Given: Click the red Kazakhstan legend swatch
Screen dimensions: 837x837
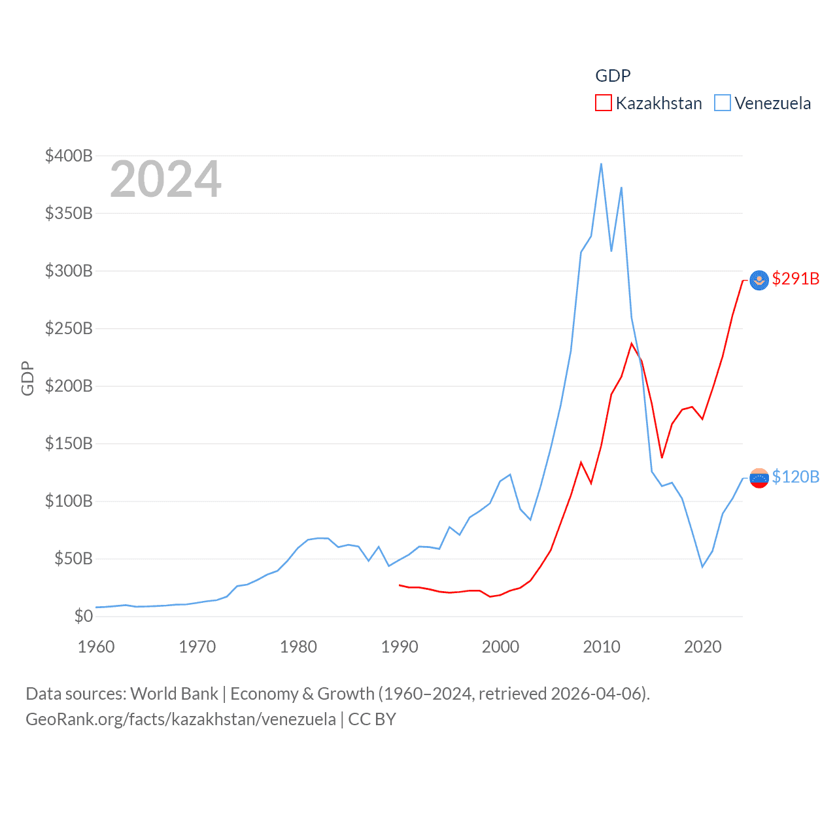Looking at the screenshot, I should (x=603, y=103).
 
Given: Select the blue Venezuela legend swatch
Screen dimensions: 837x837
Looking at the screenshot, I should (x=722, y=103).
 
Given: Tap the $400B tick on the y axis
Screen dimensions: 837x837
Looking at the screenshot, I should (x=69, y=156).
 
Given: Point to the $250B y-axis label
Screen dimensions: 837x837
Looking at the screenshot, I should (x=69, y=328).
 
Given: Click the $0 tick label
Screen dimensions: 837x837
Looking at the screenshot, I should (x=83, y=616).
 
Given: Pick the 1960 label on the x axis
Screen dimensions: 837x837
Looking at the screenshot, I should (x=96, y=647).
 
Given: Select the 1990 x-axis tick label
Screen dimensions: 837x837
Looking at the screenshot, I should (x=400, y=647).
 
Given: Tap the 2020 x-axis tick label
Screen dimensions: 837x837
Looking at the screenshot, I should (x=703, y=647).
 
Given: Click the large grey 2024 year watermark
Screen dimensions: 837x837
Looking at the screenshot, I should (x=165, y=179).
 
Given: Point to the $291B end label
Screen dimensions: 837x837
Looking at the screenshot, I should (x=795, y=279).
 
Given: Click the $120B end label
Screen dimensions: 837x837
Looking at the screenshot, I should (x=795, y=477).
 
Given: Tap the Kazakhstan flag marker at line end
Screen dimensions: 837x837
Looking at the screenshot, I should (x=759, y=281).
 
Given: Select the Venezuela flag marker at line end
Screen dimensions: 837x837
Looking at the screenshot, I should (x=759, y=478).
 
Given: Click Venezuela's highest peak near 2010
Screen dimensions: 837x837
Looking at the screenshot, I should (x=601, y=164).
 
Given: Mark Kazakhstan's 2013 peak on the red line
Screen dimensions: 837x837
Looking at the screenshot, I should (x=632, y=343).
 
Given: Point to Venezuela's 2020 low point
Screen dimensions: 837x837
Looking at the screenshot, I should (x=702, y=566).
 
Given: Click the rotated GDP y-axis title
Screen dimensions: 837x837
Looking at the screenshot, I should (x=27, y=378).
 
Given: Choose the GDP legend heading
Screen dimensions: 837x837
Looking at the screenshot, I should (x=613, y=76).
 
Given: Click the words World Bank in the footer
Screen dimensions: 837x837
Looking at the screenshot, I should (x=174, y=693).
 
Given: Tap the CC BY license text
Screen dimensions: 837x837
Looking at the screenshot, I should (x=372, y=719).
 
